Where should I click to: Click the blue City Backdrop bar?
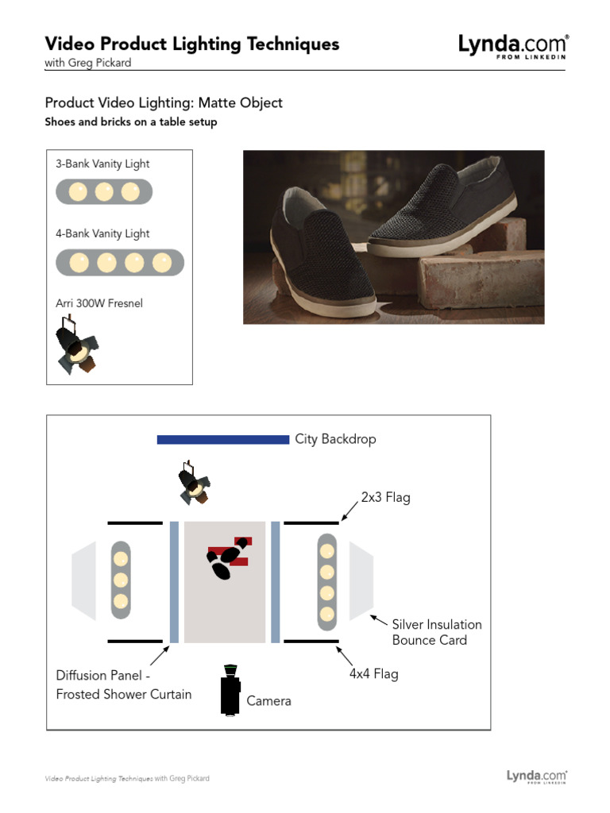point(222,439)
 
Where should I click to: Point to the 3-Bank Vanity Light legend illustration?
point(103,192)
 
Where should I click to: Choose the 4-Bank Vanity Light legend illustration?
point(119,262)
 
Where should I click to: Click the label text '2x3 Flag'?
point(385,498)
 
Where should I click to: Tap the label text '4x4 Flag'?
point(373,674)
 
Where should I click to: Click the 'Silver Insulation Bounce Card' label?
point(436,632)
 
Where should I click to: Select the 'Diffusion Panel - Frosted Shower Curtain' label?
point(123,684)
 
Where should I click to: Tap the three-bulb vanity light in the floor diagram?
point(120,580)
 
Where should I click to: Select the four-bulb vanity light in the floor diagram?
point(326,582)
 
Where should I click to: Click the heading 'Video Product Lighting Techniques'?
point(191,44)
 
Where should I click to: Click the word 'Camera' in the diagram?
point(268,701)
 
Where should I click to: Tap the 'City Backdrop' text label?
point(335,439)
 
